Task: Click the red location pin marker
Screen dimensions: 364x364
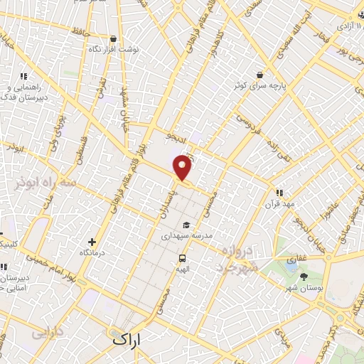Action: (x=183, y=167)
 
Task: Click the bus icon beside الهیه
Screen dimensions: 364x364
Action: (x=183, y=259)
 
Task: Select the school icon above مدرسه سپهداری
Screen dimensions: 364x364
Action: (x=186, y=225)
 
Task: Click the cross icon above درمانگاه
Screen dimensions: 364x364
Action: (x=91, y=242)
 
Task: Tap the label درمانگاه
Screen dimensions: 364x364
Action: (x=94, y=252)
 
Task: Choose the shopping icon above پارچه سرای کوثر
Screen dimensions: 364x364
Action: (x=261, y=75)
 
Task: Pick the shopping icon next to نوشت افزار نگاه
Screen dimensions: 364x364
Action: (x=114, y=38)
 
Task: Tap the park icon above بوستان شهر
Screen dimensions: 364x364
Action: (x=304, y=276)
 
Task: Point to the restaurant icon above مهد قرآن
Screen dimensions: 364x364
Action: (x=279, y=191)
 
